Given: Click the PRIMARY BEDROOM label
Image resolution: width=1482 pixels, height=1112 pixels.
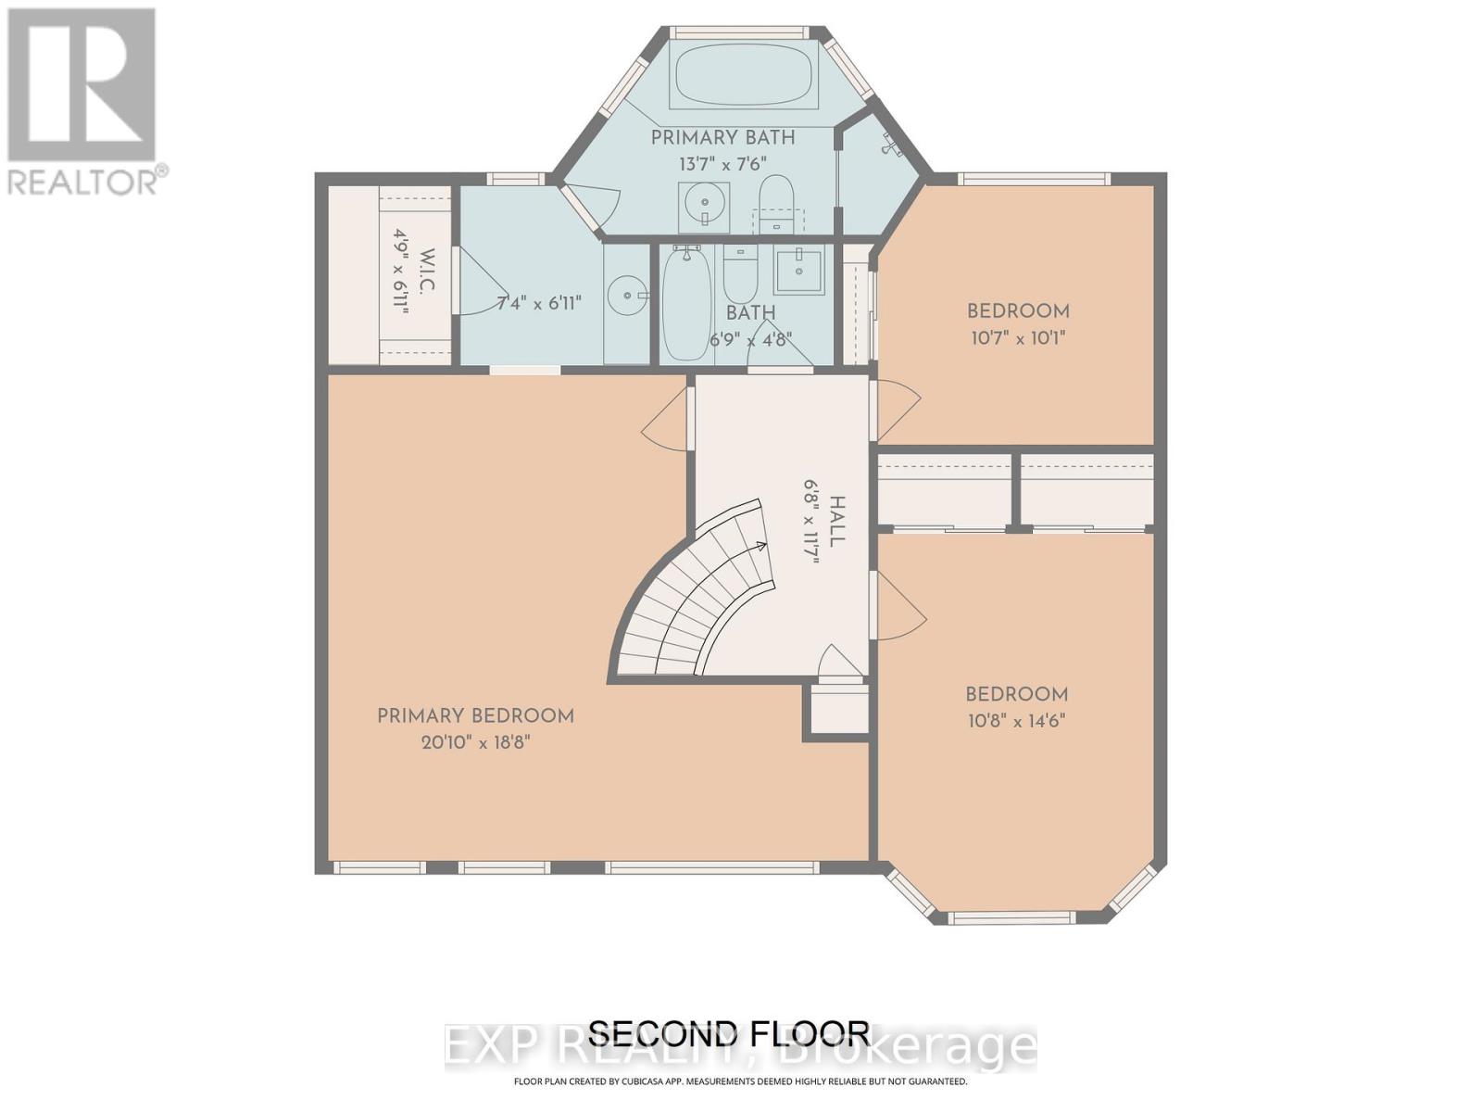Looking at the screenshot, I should click(x=475, y=715).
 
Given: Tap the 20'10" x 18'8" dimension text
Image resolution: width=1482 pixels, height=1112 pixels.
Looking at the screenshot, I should click(x=475, y=742).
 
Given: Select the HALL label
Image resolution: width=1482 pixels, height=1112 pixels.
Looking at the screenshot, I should click(x=837, y=522).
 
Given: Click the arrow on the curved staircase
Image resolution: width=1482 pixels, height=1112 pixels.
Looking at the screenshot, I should click(x=761, y=547).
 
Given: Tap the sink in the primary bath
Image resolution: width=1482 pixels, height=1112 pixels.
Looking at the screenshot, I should click(x=704, y=206).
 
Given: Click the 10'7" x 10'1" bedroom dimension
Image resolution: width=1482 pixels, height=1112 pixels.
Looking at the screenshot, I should click(x=1017, y=338).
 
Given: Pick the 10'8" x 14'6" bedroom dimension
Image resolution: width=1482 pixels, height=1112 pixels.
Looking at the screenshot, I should click(x=1016, y=721).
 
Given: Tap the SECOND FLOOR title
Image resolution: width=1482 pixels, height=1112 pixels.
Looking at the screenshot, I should click(x=729, y=1032).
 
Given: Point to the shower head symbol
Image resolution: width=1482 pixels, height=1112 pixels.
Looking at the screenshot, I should click(x=891, y=145).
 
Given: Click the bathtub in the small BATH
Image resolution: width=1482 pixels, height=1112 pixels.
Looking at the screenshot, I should click(x=687, y=302).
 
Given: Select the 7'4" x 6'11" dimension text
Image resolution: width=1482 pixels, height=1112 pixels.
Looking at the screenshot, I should click(x=539, y=303).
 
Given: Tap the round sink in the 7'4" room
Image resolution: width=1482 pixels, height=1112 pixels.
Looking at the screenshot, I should click(x=626, y=296).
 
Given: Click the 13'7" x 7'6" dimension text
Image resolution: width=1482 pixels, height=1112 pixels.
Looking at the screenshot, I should click(x=722, y=164).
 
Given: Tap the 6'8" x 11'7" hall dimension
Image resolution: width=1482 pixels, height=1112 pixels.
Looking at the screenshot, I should click(x=812, y=522).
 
